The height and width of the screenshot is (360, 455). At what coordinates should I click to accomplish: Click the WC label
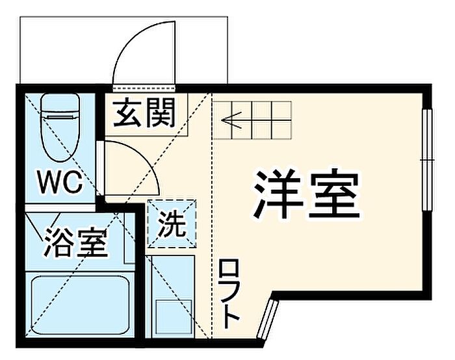point(60,183)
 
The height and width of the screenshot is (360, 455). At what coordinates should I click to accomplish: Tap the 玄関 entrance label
point(144,113)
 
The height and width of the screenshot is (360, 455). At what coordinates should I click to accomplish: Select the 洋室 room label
point(307,194)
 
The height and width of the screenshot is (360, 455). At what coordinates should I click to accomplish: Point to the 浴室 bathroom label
point(76,242)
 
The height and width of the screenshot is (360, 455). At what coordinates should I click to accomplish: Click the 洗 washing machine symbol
point(172,224)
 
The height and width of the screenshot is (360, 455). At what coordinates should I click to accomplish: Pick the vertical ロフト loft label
point(229,294)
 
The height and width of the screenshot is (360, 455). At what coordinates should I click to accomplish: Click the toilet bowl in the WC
point(60,136)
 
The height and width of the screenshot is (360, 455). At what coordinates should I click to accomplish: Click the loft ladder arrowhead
point(231,120)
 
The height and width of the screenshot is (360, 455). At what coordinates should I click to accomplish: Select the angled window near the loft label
point(268,320)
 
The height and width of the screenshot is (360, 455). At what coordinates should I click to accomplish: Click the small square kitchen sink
point(174,317)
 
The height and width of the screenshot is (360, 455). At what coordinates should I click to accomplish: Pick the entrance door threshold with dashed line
point(144,88)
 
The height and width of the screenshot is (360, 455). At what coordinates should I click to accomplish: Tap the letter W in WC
point(49,183)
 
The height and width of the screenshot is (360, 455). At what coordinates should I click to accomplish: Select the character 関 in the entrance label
point(160,113)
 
